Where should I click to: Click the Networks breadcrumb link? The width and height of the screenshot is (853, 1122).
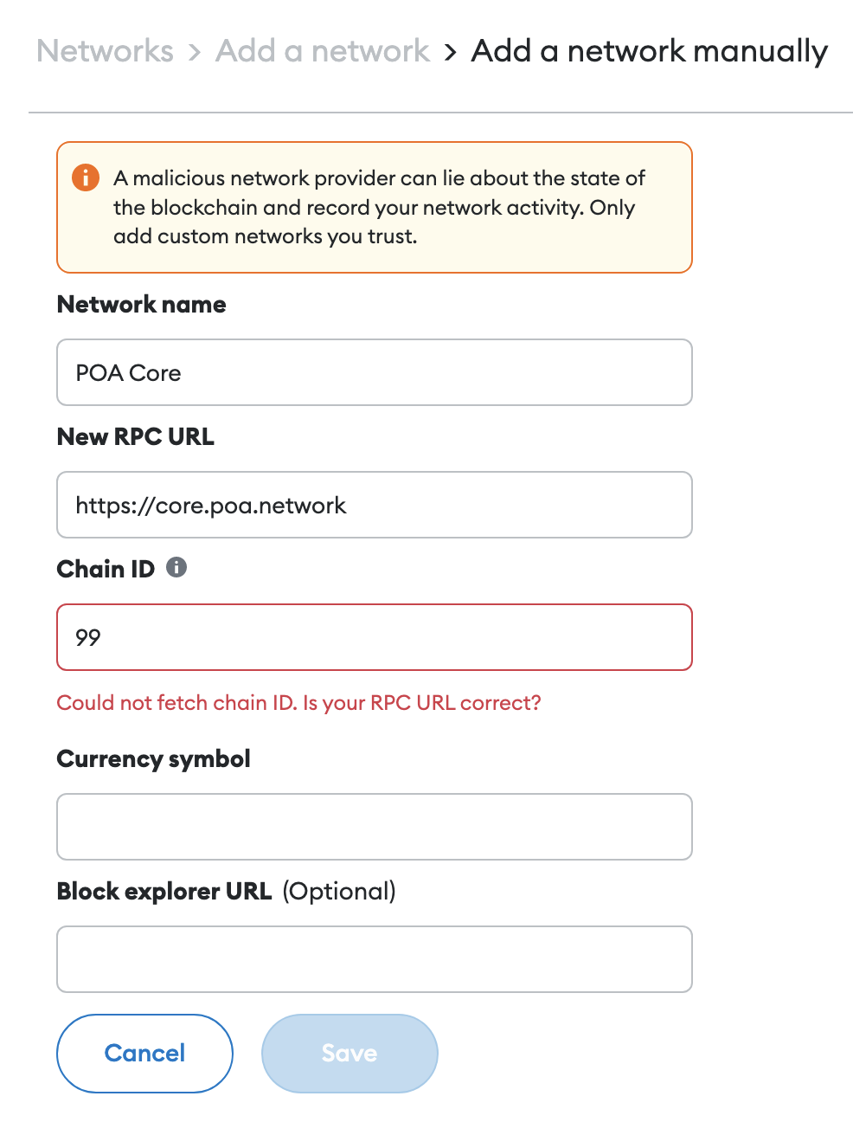coord(106,51)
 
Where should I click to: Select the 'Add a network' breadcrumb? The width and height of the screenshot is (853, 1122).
coord(323,51)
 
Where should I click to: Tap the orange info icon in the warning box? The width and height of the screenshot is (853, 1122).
coord(86,177)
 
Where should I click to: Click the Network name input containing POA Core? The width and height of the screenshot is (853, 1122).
coord(375,372)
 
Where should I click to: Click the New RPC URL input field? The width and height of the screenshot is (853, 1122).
coord(375,505)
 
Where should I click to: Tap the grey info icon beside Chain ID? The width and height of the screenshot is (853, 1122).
coord(176,567)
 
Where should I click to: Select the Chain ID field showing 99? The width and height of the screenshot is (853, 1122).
coord(375,637)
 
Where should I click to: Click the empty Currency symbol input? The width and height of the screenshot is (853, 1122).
coord(375,827)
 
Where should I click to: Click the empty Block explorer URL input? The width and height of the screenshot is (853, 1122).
coord(375,959)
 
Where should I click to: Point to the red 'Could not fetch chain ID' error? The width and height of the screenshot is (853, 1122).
coord(298,703)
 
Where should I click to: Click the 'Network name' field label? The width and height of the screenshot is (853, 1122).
coord(142,305)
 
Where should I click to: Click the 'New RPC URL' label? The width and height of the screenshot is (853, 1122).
coord(135,437)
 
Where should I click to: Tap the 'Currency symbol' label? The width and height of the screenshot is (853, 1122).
coord(153,759)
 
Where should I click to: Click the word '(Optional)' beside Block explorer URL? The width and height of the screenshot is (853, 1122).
coord(339,892)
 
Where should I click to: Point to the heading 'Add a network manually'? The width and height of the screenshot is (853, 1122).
coord(649,52)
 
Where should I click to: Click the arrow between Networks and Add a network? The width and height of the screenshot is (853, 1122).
coord(195,52)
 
